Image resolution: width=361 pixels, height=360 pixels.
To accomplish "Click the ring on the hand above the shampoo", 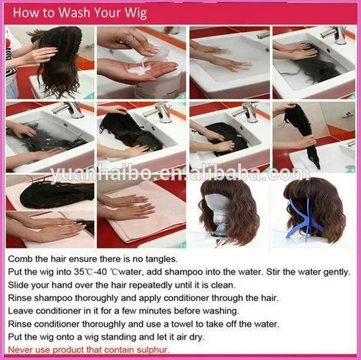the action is coord(130,41).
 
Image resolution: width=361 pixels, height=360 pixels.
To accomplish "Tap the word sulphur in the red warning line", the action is coord(153,350).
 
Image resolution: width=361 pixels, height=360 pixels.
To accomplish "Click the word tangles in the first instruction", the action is coord(161,259).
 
